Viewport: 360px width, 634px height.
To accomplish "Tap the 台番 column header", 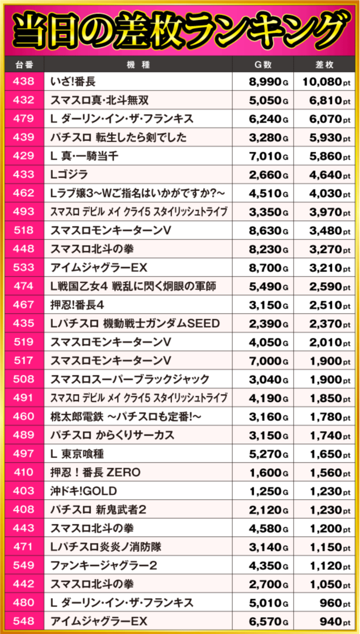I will coord(23,64).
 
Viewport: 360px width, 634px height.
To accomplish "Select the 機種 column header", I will coord(138,64).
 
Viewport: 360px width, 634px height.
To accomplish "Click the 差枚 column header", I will coord(325,64).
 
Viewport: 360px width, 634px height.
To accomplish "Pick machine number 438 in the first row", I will coord(23,82).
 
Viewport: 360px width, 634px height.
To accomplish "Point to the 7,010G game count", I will coord(268,156).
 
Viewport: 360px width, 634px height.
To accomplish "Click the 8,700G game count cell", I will coord(268,268).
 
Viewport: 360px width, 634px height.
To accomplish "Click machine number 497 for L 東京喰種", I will coord(23,454).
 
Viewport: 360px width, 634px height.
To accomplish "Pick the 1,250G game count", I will coord(268,491).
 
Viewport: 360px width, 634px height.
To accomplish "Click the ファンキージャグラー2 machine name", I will coord(103,565).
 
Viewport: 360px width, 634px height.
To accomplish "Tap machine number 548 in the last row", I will coord(23,621).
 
